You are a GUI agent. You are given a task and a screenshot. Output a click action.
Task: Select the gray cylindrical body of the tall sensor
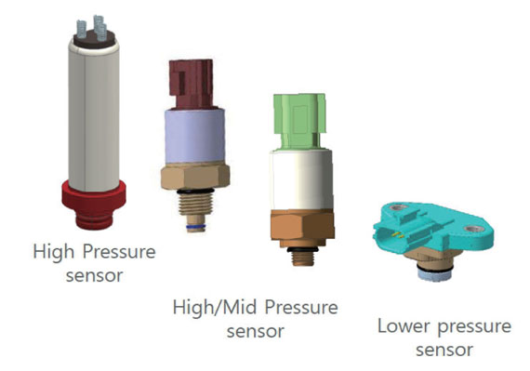[x=94, y=116]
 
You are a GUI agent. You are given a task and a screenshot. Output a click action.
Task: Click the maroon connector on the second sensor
[x=192, y=84]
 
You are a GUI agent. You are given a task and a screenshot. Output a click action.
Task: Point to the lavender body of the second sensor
[x=194, y=136]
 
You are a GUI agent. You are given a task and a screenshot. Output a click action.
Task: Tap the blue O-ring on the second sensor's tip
[x=195, y=226]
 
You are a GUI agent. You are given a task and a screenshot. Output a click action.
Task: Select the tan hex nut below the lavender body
[x=195, y=176]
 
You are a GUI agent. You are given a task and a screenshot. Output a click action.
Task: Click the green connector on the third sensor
[x=299, y=121]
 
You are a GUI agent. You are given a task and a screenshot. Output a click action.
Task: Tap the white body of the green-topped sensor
[x=301, y=180]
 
